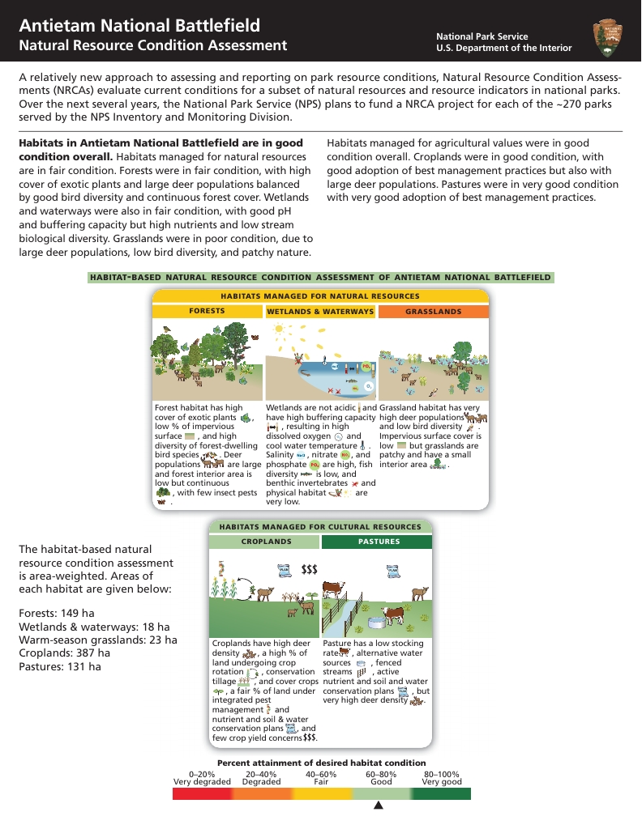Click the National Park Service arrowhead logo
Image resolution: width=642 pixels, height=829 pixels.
coord(608,39)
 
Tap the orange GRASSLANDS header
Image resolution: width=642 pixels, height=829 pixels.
coord(433,312)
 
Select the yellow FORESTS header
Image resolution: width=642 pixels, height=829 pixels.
coord(208,312)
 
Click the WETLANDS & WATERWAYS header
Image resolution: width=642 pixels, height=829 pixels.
coord(320,312)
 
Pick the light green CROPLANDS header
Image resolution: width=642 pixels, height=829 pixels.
coord(265,542)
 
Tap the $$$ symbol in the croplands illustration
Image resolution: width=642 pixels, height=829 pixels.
coord(309,569)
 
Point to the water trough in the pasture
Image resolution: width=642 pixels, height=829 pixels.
coord(376,623)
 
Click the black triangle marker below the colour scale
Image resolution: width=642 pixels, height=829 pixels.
coord(378,806)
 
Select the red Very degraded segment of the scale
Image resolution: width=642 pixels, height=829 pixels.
coord(202,794)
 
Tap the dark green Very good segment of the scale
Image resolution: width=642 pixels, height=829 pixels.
coord(441,794)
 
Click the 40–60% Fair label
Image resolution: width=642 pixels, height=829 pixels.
coord(321,778)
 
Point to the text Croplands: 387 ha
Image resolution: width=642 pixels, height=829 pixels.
coord(64,653)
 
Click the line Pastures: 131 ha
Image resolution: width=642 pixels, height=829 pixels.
coord(59,666)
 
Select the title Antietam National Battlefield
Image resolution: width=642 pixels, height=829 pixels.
coord(139,26)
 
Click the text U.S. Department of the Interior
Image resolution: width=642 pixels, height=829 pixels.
coord(503,48)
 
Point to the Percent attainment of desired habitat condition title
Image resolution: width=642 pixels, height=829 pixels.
coord(321,763)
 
